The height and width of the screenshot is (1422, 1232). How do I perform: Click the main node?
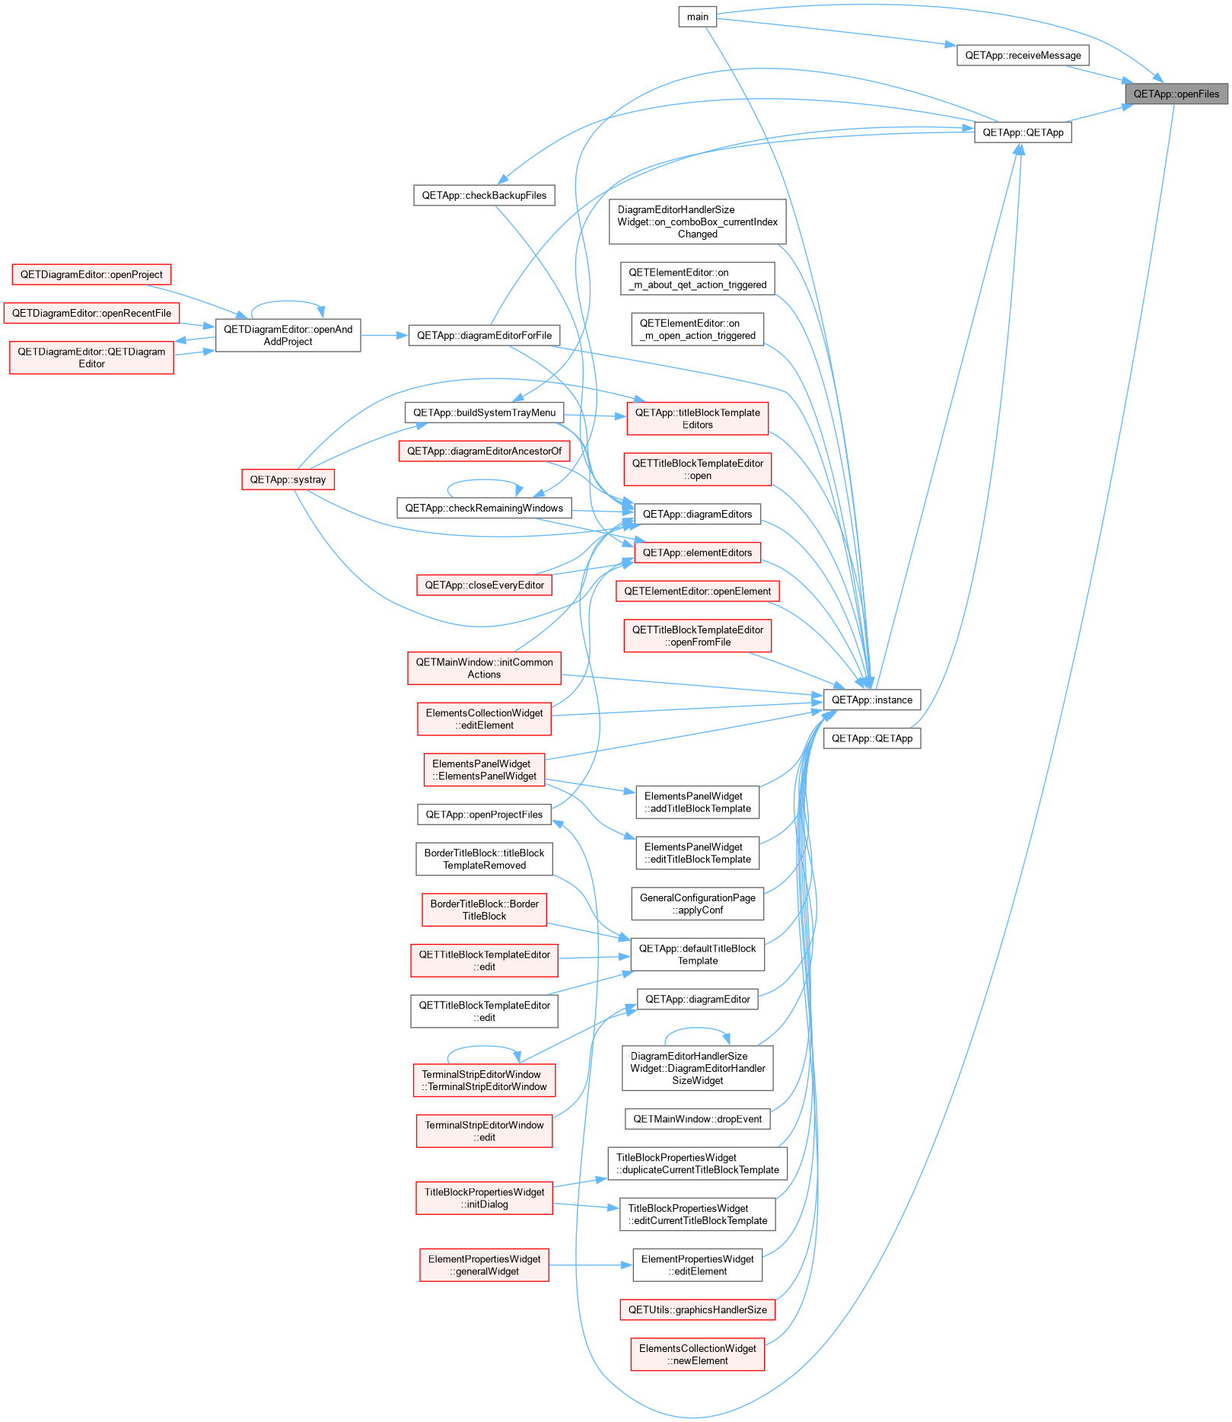697,17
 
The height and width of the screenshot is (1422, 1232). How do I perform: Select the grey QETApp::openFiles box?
1176,94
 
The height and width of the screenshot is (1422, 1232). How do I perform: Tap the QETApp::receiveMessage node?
1023,55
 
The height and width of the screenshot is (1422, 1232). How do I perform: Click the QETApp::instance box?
872,700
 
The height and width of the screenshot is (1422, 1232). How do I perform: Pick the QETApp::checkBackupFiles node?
484,195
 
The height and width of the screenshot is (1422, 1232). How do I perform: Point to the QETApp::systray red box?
288,480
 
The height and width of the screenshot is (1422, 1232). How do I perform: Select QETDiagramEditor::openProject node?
91,274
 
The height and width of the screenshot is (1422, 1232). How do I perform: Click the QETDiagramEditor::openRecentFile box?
91,313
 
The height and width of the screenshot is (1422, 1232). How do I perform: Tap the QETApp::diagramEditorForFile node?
484,335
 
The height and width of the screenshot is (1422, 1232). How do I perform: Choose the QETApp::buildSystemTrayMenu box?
484,413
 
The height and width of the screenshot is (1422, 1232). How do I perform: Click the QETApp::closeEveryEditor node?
484,585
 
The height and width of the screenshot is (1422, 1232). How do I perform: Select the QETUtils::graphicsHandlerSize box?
697,1309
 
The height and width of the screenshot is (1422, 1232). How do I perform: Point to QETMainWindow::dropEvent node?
697,1119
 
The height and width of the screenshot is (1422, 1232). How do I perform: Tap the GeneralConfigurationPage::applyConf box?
697,904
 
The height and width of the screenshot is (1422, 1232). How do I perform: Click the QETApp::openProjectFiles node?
484,815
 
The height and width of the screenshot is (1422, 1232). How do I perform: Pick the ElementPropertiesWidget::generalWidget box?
484,1265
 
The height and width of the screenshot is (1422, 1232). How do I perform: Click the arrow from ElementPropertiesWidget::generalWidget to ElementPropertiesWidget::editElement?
591,1265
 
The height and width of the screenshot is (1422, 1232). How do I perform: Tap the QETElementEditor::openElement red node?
697,591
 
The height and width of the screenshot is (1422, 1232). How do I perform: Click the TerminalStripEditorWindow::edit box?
484,1131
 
